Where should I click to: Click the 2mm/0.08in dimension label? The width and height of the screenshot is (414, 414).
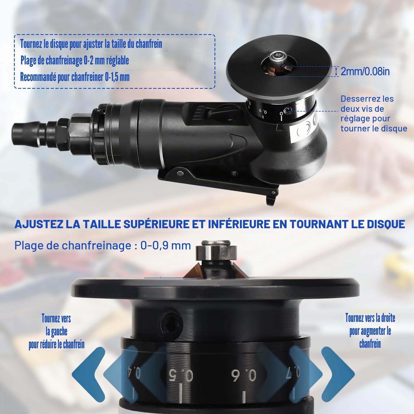(x=365, y=71)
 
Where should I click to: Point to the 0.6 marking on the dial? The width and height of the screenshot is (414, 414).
(x=243, y=376)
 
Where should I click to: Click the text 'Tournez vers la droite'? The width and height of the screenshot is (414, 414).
(x=370, y=318)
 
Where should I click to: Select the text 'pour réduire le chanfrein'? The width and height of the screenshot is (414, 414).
(x=57, y=345)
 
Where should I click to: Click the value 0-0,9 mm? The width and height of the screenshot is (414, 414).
(x=166, y=245)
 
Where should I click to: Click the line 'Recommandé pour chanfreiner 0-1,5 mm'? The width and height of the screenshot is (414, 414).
(x=75, y=77)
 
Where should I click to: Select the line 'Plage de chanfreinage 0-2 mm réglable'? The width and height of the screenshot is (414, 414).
(x=75, y=61)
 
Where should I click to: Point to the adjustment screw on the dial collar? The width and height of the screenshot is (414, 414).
(x=287, y=111)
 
